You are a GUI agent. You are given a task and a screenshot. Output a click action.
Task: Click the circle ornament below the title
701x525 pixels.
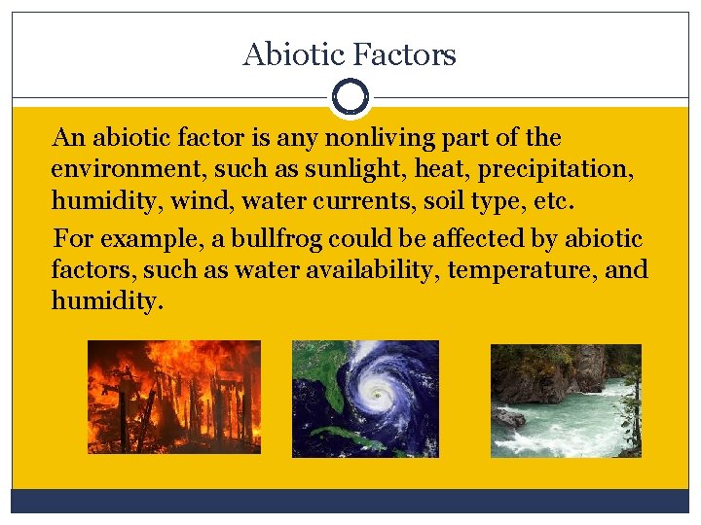pos(350,97)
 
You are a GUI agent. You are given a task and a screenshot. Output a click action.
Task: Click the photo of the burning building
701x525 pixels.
pos(174,397)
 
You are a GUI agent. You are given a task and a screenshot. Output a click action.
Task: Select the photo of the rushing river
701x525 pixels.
pos(566,400)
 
